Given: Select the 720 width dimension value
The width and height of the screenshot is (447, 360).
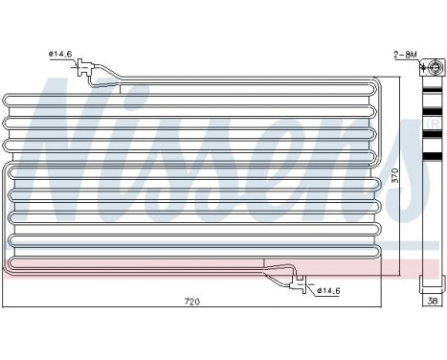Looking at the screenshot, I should tap(191, 303).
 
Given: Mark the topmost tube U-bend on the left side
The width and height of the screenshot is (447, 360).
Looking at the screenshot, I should tap(8, 101).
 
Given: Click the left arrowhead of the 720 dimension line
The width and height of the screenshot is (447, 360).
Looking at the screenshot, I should tap(7, 308).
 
